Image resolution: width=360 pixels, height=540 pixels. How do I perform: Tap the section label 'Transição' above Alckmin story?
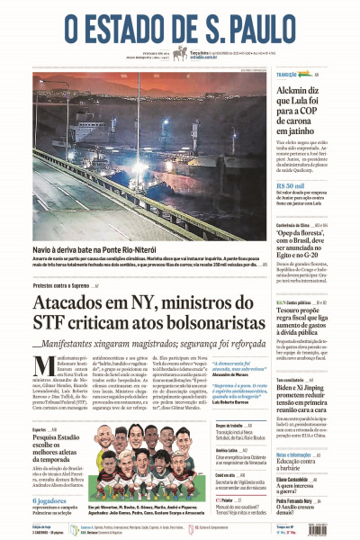point(288,74)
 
